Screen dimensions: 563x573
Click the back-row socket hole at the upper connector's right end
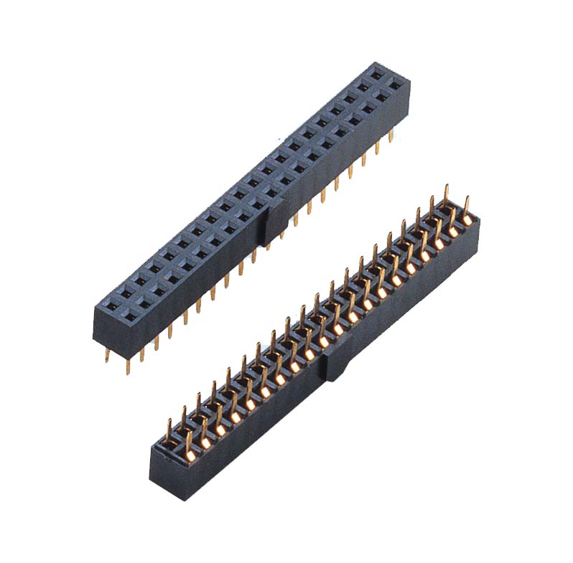(376, 72)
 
